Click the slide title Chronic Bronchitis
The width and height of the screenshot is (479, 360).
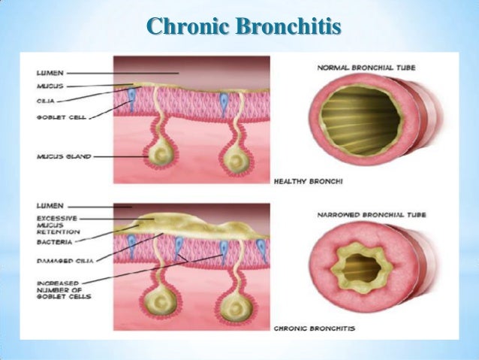pos(245,28)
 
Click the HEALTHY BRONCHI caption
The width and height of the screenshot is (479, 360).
pos(306,180)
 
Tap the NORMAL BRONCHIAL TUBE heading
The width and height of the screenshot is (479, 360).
pos(367,68)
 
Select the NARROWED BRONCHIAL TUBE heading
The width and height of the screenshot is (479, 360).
pos(372,215)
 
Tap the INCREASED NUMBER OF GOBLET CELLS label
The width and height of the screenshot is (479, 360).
pos(62,286)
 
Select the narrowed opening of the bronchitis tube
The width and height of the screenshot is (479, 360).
pos(360,268)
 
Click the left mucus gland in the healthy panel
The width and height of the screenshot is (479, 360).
pos(160,154)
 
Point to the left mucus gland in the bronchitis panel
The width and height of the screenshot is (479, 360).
pos(160,304)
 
